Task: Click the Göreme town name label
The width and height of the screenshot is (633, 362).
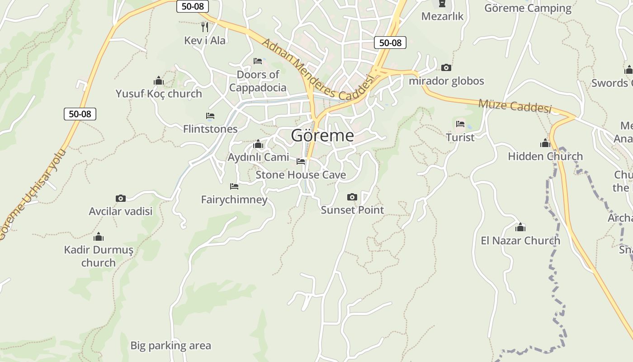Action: click(x=322, y=135)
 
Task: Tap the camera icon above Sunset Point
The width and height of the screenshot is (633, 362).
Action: click(x=352, y=197)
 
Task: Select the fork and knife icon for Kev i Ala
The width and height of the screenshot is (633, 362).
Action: click(x=205, y=27)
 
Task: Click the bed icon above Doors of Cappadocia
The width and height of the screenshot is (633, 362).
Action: click(x=258, y=61)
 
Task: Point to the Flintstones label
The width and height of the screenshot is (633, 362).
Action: click(x=210, y=129)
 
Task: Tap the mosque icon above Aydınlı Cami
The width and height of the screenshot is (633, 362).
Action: click(x=258, y=144)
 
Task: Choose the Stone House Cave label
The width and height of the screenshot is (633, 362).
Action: click(x=301, y=175)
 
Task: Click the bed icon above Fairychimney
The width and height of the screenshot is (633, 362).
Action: click(x=234, y=186)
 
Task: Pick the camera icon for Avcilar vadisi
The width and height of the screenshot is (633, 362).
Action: click(x=120, y=198)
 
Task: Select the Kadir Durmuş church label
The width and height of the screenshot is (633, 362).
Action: click(x=99, y=256)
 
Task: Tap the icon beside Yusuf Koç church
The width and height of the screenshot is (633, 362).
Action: click(x=159, y=81)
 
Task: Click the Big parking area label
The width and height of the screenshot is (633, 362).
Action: click(x=170, y=346)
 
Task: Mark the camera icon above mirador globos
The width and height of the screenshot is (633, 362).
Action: click(x=446, y=68)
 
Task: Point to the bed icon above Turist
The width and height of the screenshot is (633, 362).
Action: click(x=460, y=124)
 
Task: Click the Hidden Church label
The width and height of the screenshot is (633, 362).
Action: click(x=545, y=157)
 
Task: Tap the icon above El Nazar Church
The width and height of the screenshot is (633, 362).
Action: click(x=520, y=227)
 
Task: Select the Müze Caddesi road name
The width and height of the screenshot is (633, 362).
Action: click(x=515, y=106)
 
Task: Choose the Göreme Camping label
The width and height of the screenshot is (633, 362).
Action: click(x=528, y=8)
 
